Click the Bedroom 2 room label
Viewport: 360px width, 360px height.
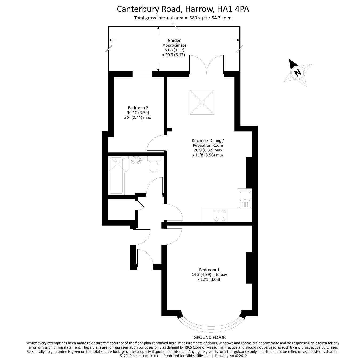pyautogui.click(x=138, y=108)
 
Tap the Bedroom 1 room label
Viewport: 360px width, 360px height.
pyautogui.click(x=209, y=270)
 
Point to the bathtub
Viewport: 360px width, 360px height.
pyautogui.click(x=116, y=176)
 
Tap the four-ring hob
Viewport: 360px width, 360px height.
pyautogui.click(x=220, y=215)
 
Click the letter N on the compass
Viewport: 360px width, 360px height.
pyautogui.click(x=297, y=72)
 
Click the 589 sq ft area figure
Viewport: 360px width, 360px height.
pyautogui.click(x=198, y=18)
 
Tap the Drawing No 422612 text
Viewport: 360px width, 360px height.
pyautogui.click(x=231, y=356)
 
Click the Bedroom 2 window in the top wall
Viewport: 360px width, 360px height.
pyautogui.click(x=142, y=74)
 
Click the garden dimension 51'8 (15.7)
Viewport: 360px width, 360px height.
pyautogui.click(x=174, y=50)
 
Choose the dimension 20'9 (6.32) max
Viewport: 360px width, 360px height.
pyautogui.click(x=208, y=150)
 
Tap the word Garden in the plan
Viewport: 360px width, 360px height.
pyautogui.click(x=174, y=40)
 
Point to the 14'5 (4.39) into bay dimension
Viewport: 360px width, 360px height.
pyautogui.click(x=209, y=275)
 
